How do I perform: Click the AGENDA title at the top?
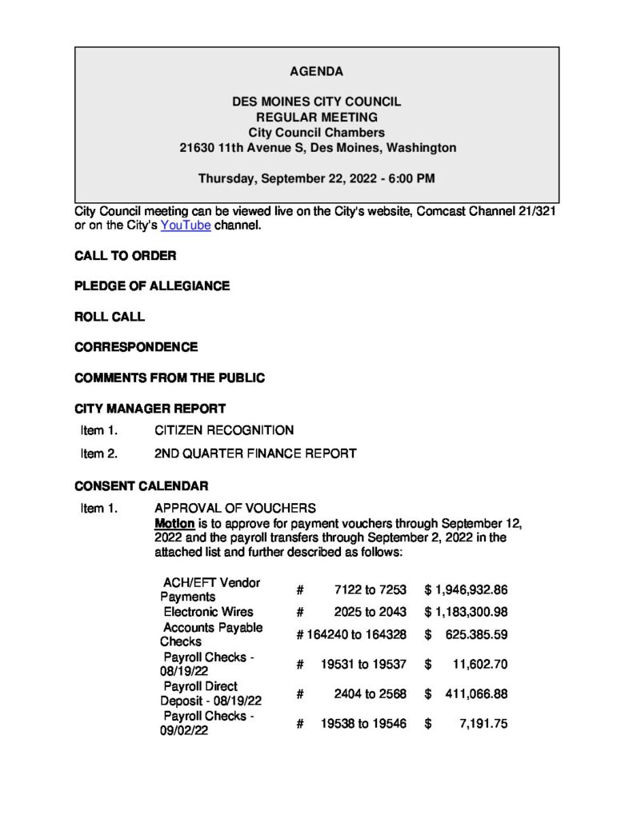[316, 72]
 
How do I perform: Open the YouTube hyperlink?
[186, 226]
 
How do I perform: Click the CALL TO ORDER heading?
[125, 256]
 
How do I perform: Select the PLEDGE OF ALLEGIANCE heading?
[152, 286]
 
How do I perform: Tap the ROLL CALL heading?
[110, 317]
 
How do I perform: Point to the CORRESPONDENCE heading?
[136, 347]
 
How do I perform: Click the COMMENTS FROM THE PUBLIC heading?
[170, 378]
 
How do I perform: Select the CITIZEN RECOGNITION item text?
[224, 430]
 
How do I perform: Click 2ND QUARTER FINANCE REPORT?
[255, 453]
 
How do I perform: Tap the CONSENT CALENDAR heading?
[142, 485]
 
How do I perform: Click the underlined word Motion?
[174, 523]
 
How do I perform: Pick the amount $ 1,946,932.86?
[467, 589]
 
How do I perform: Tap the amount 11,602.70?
[479, 664]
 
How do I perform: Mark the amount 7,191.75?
[485, 724]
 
